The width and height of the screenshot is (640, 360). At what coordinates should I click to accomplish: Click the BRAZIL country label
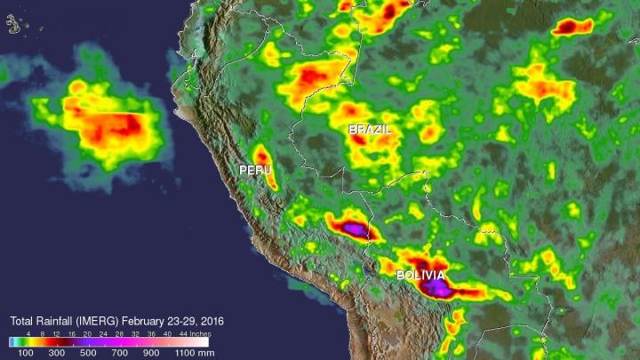coord(370,130)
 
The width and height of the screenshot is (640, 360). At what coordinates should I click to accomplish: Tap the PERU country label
coord(254,169)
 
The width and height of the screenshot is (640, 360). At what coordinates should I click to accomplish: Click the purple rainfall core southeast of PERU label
coord(354,229)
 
